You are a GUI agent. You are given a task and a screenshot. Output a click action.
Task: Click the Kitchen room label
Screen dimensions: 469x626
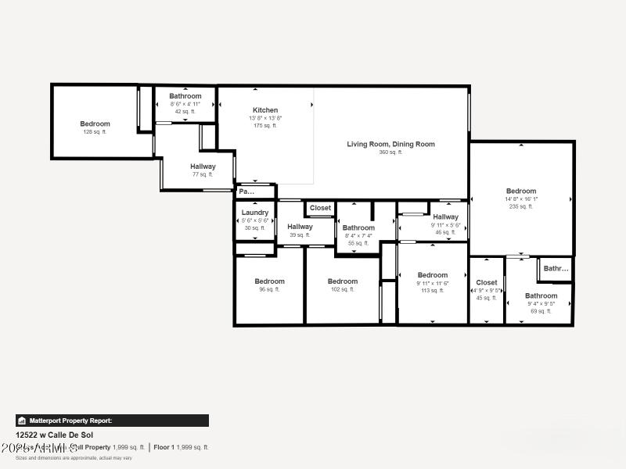click(265, 110)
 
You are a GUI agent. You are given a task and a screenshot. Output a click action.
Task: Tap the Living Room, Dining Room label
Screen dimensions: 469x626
click(390, 144)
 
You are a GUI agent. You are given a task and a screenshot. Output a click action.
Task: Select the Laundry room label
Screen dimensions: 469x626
click(255, 213)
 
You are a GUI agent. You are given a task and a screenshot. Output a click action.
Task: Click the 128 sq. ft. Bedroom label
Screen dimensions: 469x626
click(95, 124)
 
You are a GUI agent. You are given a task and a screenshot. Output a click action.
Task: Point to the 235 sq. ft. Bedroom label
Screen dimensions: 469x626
click(521, 191)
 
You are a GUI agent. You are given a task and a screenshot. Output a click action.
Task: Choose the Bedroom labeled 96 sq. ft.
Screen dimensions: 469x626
click(269, 281)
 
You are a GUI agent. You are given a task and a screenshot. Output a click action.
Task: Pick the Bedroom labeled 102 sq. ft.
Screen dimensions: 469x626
click(343, 281)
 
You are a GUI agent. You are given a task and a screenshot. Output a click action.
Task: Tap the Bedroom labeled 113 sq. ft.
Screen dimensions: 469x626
click(432, 275)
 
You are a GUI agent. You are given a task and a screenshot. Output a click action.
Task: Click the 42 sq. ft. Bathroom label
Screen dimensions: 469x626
click(185, 96)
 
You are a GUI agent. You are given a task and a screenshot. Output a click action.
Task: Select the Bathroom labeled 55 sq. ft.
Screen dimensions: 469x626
click(358, 228)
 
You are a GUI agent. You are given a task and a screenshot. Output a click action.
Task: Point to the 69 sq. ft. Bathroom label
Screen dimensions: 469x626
click(541, 296)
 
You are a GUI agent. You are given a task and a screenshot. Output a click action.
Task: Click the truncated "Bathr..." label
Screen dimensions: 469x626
click(556, 269)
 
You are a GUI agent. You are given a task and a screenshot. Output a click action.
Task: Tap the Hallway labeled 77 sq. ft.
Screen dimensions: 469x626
click(203, 166)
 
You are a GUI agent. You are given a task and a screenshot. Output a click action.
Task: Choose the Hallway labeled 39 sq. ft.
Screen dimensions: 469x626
click(300, 227)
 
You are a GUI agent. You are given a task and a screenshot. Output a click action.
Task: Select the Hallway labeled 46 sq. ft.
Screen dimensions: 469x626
click(445, 217)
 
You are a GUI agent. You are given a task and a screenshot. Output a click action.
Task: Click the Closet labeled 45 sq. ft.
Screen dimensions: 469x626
click(486, 283)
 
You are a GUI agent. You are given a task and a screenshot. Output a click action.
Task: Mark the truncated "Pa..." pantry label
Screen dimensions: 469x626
click(246, 192)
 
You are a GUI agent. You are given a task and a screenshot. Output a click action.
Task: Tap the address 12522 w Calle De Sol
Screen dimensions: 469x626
click(54, 435)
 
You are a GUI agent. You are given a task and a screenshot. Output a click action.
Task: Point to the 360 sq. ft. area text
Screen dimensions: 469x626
click(390, 152)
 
